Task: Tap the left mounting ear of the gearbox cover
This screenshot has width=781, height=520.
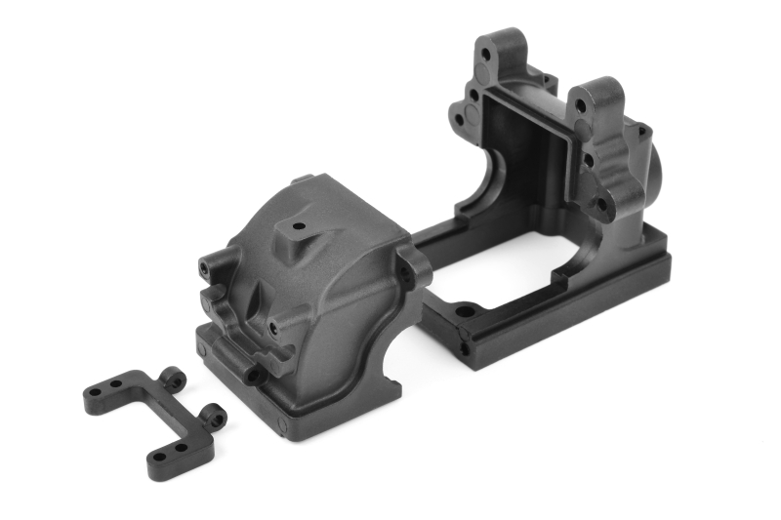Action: pyautogui.click(x=213, y=265)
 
